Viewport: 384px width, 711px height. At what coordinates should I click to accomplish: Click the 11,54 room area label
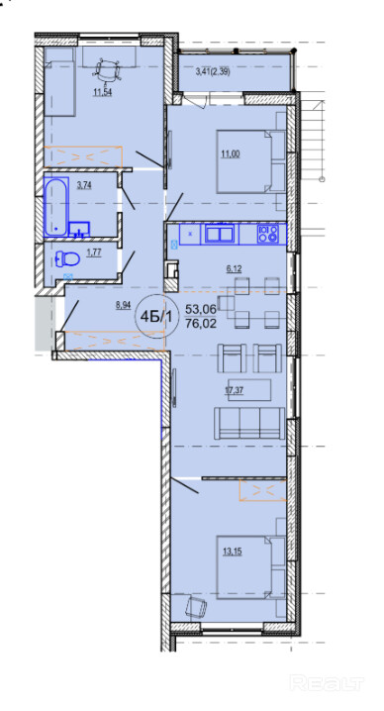(103, 93)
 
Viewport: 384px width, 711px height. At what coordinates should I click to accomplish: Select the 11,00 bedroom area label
(231, 153)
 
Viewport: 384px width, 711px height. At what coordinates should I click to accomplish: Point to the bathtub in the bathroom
(56, 206)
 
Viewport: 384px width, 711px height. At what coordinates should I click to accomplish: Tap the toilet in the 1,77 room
(67, 259)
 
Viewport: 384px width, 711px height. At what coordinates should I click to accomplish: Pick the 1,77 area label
(93, 253)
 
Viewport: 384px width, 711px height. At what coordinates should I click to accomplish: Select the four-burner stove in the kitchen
(267, 234)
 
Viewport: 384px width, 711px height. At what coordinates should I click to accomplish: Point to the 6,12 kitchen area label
(234, 268)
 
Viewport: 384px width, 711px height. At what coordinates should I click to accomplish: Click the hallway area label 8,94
(124, 305)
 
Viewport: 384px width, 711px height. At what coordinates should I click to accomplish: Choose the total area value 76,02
(201, 324)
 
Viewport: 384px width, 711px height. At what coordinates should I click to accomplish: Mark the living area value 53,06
(201, 310)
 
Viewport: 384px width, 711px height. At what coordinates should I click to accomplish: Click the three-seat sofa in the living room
(249, 423)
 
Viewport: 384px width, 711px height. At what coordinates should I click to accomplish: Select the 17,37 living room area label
(235, 391)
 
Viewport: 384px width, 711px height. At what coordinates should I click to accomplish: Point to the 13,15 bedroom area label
(232, 552)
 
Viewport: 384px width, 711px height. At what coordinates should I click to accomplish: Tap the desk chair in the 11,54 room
(108, 70)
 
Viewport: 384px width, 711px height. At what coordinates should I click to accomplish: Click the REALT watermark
(327, 681)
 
